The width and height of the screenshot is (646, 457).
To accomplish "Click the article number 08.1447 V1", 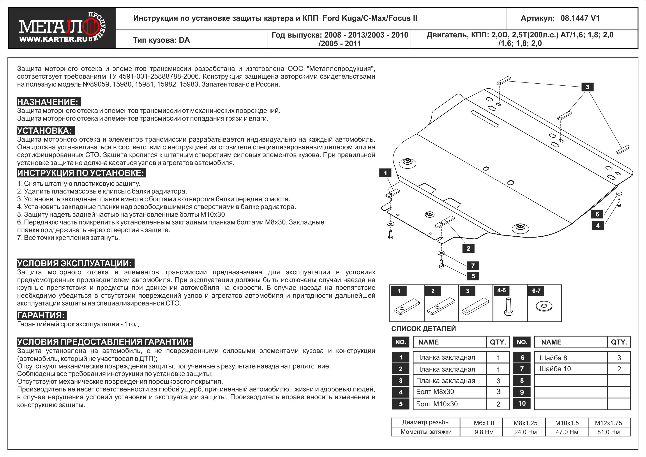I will tap(580, 18).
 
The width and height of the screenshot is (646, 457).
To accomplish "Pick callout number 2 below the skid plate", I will tap(468, 248).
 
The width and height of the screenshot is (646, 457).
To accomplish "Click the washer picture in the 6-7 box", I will tap(544, 306).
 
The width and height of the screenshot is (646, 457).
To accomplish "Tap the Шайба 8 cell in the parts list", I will tap(553, 358).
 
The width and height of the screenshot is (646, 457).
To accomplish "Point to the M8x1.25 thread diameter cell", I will tap(525, 423).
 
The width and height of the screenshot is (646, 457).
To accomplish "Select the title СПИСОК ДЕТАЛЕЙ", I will tap(423, 329).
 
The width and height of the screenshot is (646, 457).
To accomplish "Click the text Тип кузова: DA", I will tap(161, 40).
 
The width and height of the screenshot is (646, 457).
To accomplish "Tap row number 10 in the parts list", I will tap(522, 403).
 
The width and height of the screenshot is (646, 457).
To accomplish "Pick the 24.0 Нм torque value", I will tap(525, 432).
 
